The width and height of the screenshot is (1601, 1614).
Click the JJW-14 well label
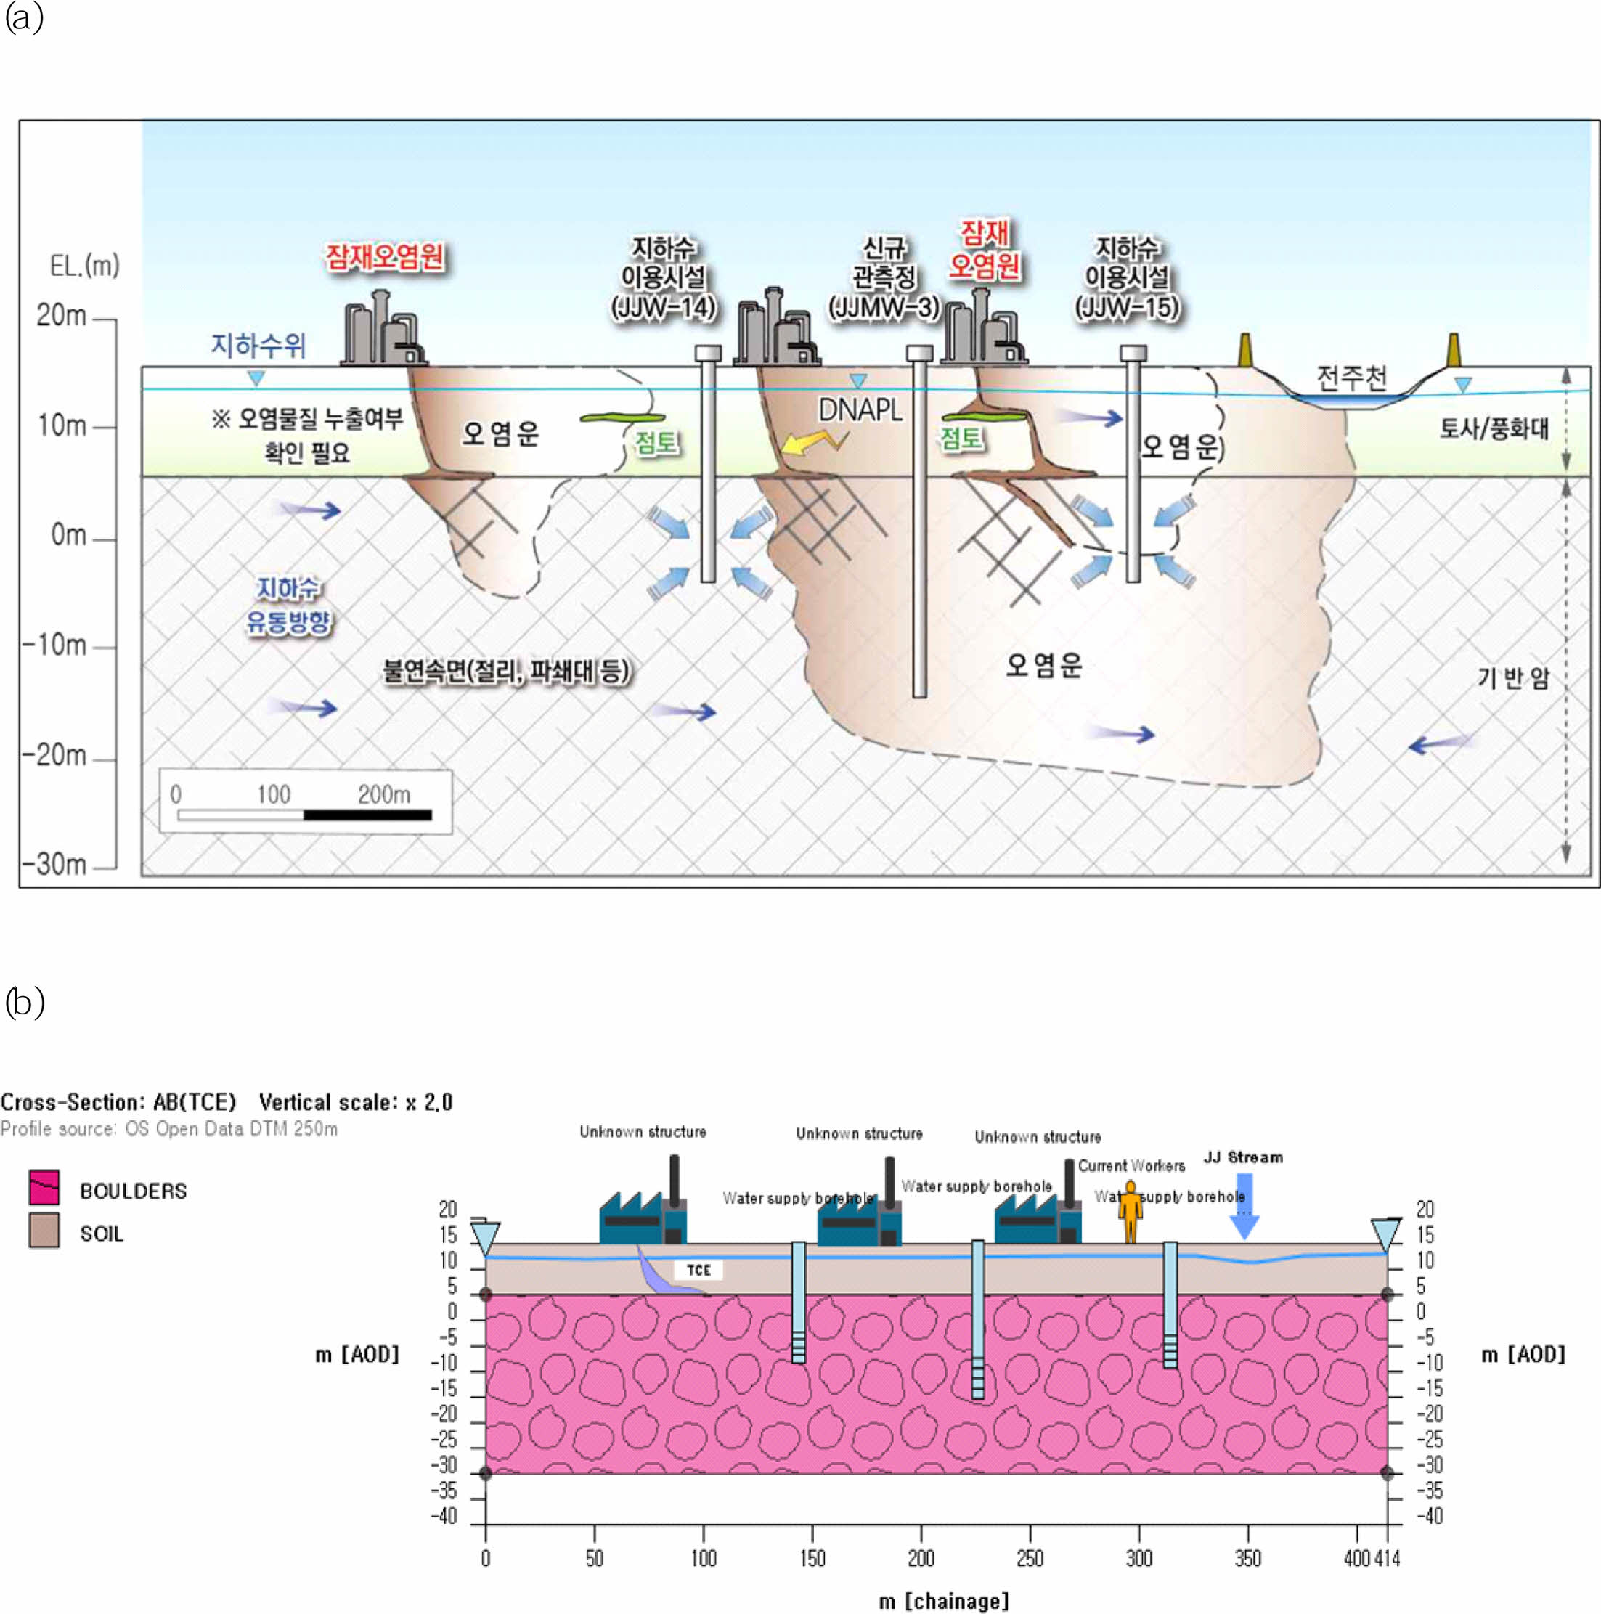[x=664, y=307]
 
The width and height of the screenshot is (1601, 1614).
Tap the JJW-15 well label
[x=1126, y=307]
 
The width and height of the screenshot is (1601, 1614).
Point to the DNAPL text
[x=860, y=410]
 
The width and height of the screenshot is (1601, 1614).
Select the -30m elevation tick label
[x=54, y=863]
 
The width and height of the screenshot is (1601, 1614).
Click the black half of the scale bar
[x=367, y=815]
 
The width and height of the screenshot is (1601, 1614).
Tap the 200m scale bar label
[x=383, y=794]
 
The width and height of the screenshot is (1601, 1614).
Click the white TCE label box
[x=698, y=1270]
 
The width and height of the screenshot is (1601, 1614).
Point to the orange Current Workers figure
[x=1130, y=1211]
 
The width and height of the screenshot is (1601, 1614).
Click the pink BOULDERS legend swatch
[x=44, y=1187]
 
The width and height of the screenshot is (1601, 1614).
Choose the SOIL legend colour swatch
[x=44, y=1230]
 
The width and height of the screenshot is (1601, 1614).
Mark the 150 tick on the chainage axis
[x=812, y=1557]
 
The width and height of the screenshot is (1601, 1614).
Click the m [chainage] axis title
[x=943, y=1601]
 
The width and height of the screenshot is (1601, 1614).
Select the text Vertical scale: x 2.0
[x=355, y=1102]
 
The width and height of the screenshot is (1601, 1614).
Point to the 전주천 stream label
[x=1351, y=378]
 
